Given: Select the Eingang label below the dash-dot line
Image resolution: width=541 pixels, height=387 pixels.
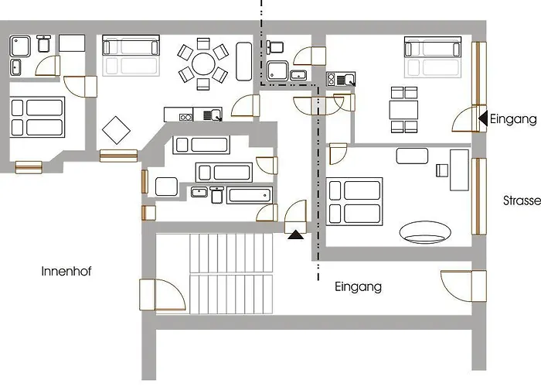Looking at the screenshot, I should (x=358, y=286).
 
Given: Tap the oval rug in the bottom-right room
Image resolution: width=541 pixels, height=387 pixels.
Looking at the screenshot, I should (x=426, y=231).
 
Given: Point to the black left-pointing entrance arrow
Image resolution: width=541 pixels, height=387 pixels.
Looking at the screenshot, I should (x=483, y=118).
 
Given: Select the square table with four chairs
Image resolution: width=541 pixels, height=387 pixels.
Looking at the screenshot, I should (x=403, y=108).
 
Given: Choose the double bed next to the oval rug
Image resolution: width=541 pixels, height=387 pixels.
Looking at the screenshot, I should (x=355, y=200).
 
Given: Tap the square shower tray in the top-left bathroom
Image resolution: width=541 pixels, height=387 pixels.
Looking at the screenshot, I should (x=20, y=47).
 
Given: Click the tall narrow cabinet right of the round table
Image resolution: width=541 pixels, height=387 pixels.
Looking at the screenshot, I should (x=243, y=62).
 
